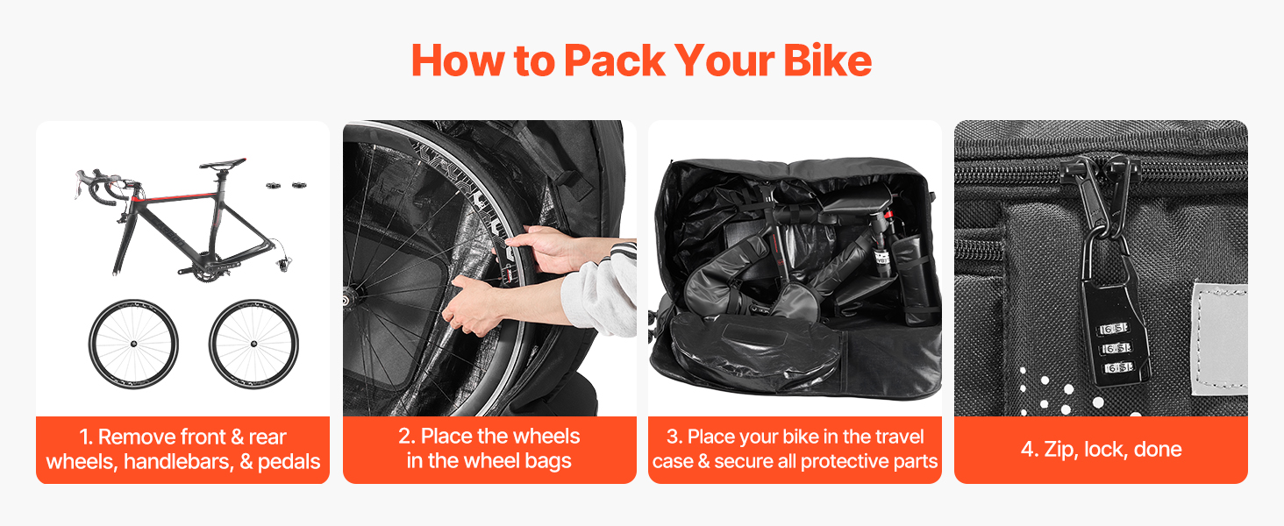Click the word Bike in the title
click(x=827, y=60)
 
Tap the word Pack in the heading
click(x=614, y=60)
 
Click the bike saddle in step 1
click(x=223, y=164)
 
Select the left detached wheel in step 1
click(x=133, y=344)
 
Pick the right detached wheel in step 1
click(x=253, y=344)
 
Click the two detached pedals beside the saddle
click(x=286, y=185)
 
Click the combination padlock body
click(x=1116, y=331)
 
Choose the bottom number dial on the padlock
click(x=1118, y=367)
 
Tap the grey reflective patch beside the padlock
click(x=1220, y=338)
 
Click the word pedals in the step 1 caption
click(x=289, y=462)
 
